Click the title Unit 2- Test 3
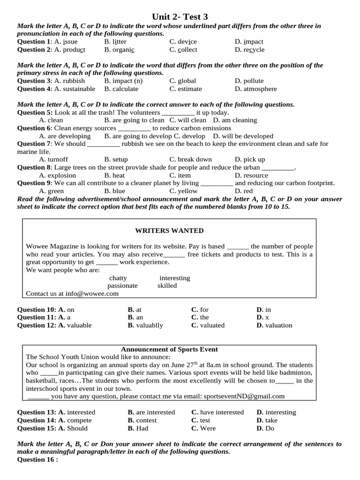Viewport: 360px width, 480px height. click(x=180, y=17)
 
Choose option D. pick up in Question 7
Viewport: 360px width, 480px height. click(x=250, y=160)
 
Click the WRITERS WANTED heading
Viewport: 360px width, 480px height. click(x=169, y=231)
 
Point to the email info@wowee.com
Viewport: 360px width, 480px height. click(x=92, y=294)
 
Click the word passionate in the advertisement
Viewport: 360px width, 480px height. click(x=122, y=285)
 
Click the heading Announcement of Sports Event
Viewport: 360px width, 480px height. click(x=169, y=350)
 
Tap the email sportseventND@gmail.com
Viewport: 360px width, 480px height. click(x=244, y=396)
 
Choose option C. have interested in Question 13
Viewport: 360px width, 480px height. click(x=217, y=412)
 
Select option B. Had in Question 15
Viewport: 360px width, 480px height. click(x=138, y=428)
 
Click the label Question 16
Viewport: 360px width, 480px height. click(x=37, y=460)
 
